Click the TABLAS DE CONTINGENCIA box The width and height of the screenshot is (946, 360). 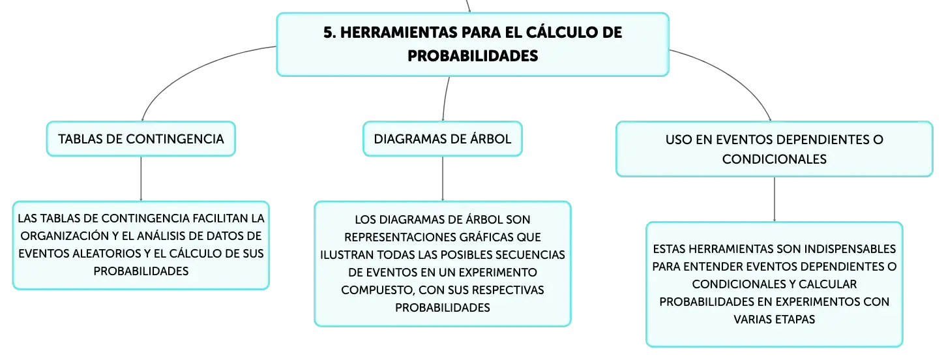141,139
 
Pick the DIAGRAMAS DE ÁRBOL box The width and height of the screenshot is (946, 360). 443,139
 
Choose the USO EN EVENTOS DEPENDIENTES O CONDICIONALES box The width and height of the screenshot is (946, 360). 774,149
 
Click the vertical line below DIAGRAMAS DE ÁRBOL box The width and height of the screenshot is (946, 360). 443,178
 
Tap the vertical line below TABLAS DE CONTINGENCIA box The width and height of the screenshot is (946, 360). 141,178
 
